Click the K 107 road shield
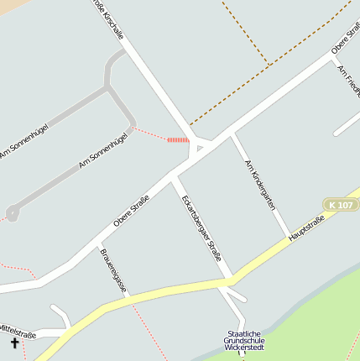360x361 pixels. [x=341, y=205]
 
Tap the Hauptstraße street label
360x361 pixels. [x=305, y=229]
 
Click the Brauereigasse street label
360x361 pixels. [x=113, y=269]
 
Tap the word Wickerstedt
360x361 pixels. [x=243, y=347]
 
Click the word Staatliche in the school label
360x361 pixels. [x=243, y=333]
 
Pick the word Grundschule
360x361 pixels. [x=243, y=340]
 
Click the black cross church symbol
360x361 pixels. [x=14, y=343]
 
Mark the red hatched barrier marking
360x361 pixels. [x=177, y=139]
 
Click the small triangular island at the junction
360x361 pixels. [x=199, y=149]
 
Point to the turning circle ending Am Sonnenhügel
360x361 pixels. [x=12, y=213]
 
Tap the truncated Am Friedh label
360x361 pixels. [x=347, y=82]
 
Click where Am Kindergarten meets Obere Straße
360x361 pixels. [x=232, y=133]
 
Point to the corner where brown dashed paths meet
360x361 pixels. [x=269, y=65]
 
